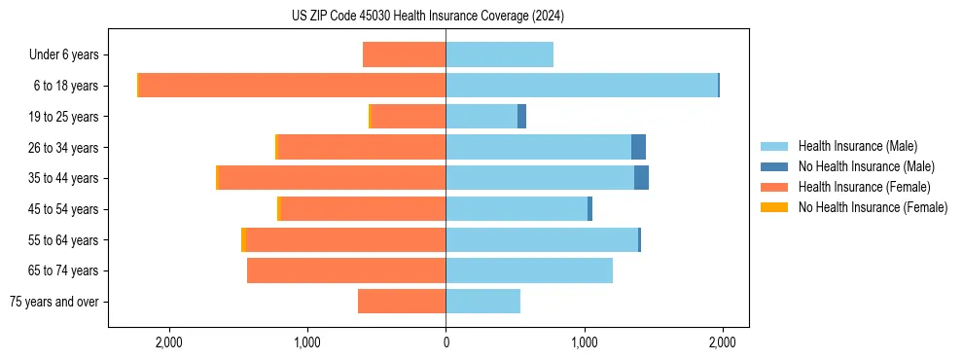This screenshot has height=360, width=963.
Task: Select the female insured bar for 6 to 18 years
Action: click(292, 86)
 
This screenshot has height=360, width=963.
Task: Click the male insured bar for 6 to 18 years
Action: click(581, 86)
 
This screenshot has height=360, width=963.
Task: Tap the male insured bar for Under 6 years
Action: click(499, 54)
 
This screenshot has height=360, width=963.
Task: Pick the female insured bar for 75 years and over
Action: click(402, 302)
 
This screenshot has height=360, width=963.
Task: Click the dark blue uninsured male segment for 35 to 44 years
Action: click(641, 178)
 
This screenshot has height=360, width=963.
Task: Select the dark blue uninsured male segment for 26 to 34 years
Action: click(638, 147)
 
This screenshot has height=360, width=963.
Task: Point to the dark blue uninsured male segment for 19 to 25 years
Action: click(521, 117)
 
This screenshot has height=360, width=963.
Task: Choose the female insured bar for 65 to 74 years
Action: click(346, 270)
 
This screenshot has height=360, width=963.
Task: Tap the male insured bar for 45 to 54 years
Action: click(517, 209)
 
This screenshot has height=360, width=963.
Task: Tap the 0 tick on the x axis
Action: click(446, 342)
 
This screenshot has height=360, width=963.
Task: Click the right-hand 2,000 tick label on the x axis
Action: click(722, 342)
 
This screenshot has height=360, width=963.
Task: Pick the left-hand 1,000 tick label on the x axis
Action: click(307, 342)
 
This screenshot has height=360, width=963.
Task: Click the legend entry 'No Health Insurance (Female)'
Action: click(872, 207)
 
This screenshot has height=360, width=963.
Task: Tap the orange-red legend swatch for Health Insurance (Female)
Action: click(774, 187)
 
